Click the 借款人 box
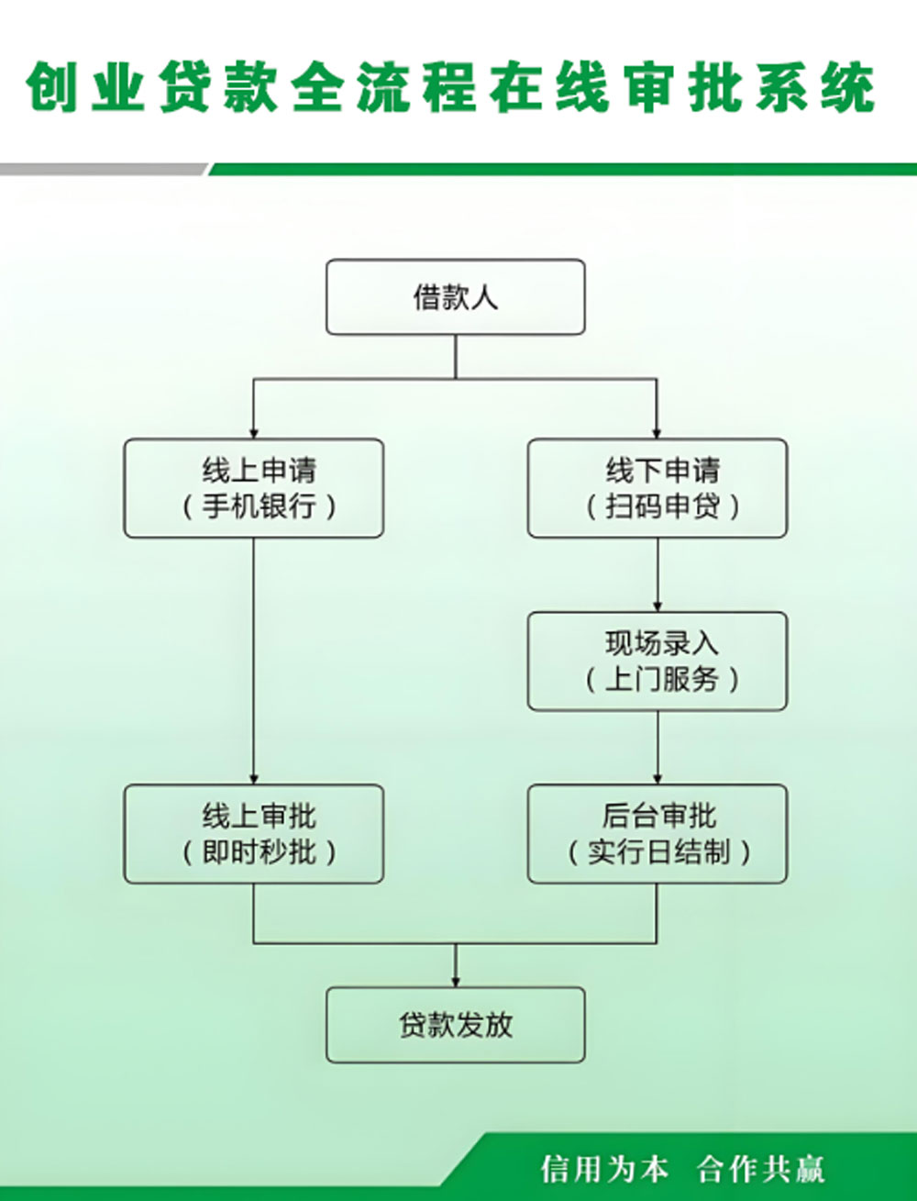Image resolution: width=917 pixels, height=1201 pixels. tap(455, 296)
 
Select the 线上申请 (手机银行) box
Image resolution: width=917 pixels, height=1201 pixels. tap(253, 488)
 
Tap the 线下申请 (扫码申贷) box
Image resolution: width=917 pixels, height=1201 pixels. tap(657, 488)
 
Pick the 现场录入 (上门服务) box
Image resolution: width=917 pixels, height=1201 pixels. tap(657, 661)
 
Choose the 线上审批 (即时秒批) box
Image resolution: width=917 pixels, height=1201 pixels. tap(253, 834)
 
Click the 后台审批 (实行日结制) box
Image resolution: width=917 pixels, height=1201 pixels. tap(657, 834)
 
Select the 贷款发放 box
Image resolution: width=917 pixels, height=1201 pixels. tap(455, 1025)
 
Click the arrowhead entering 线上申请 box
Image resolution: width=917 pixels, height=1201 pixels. tap(254, 432)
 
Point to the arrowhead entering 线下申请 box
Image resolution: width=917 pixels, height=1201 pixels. tap(657, 432)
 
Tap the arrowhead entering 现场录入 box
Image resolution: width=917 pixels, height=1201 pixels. tap(657, 606)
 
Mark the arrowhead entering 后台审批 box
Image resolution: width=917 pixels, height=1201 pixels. tap(657, 778)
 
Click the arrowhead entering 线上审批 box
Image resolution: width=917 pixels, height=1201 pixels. tap(254, 778)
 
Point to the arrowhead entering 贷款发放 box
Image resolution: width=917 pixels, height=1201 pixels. tap(455, 981)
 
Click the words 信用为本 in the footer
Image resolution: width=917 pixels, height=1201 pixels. tap(604, 1169)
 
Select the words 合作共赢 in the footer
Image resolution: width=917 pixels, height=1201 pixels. tap(760, 1169)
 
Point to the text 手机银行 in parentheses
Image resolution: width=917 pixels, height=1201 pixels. tap(259, 506)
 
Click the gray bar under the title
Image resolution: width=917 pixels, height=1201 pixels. tap(101, 170)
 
